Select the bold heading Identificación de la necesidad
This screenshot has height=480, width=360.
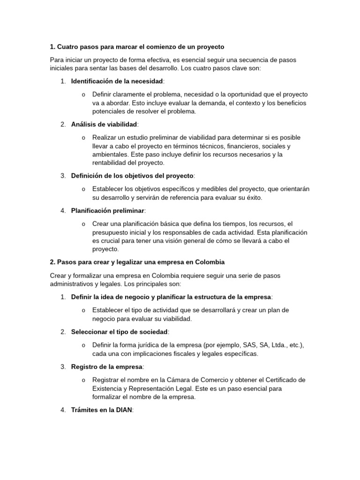click(117, 81)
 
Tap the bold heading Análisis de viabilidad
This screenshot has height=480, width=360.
click(104, 124)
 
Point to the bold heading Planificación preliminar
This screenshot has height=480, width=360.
click(108, 210)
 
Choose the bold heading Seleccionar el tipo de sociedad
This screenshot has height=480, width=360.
click(119, 332)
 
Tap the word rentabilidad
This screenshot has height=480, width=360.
click(111, 163)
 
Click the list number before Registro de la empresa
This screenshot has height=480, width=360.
click(63, 367)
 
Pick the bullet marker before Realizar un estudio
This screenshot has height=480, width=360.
click(83, 138)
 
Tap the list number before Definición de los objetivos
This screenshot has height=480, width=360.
click(63, 176)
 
